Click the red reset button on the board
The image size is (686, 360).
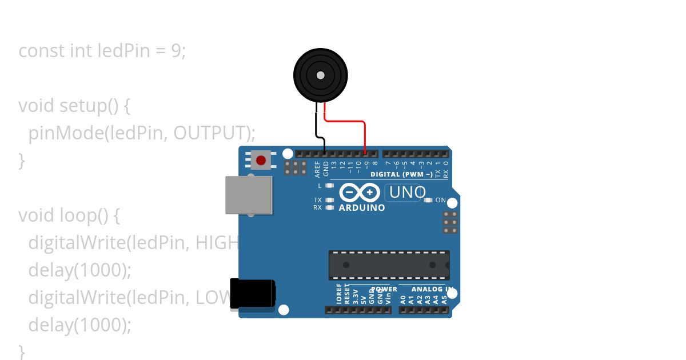[261, 160]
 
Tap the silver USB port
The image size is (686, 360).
[248, 195]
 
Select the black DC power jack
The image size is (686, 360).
[252, 294]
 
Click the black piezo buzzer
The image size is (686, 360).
[321, 75]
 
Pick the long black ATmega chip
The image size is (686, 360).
[389, 265]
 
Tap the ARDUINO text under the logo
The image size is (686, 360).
[362, 208]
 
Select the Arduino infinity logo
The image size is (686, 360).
[360, 192]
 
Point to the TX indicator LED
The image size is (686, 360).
[329, 200]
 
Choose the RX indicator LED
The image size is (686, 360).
[329, 207]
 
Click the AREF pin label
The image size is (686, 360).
[317, 168]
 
